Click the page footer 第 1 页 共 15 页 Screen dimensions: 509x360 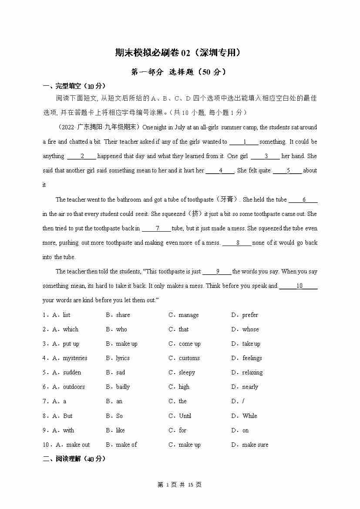(x=179, y=485)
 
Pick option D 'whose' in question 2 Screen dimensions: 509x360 (x=250, y=329)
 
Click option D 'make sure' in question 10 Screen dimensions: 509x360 (x=255, y=445)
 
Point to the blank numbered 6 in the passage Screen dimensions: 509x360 (x=303, y=200)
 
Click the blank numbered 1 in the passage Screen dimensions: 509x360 (x=244, y=142)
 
